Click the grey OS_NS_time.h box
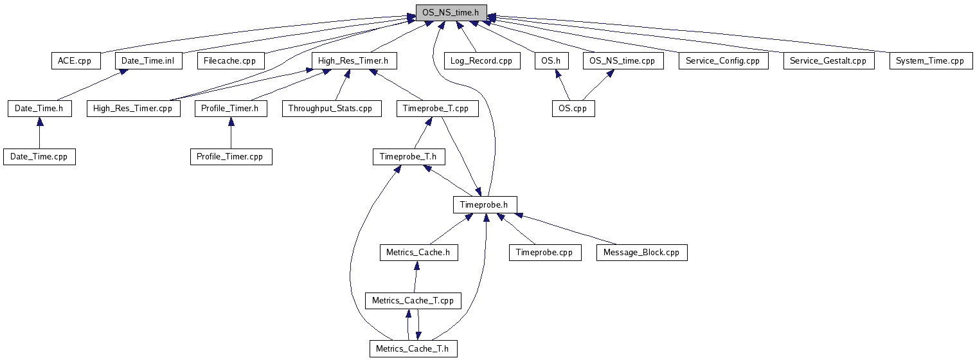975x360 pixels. click(451, 13)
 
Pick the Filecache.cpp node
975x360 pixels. click(230, 61)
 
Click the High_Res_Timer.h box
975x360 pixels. click(353, 61)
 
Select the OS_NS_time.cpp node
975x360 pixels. click(622, 61)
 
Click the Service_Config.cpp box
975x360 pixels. click(723, 61)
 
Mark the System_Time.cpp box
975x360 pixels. click(930, 61)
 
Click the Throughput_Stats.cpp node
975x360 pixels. click(330, 109)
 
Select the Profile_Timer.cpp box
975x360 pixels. click(231, 157)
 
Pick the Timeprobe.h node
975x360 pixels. click(485, 205)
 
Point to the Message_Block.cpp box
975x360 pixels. click(641, 253)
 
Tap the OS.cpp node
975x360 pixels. click(573, 109)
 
